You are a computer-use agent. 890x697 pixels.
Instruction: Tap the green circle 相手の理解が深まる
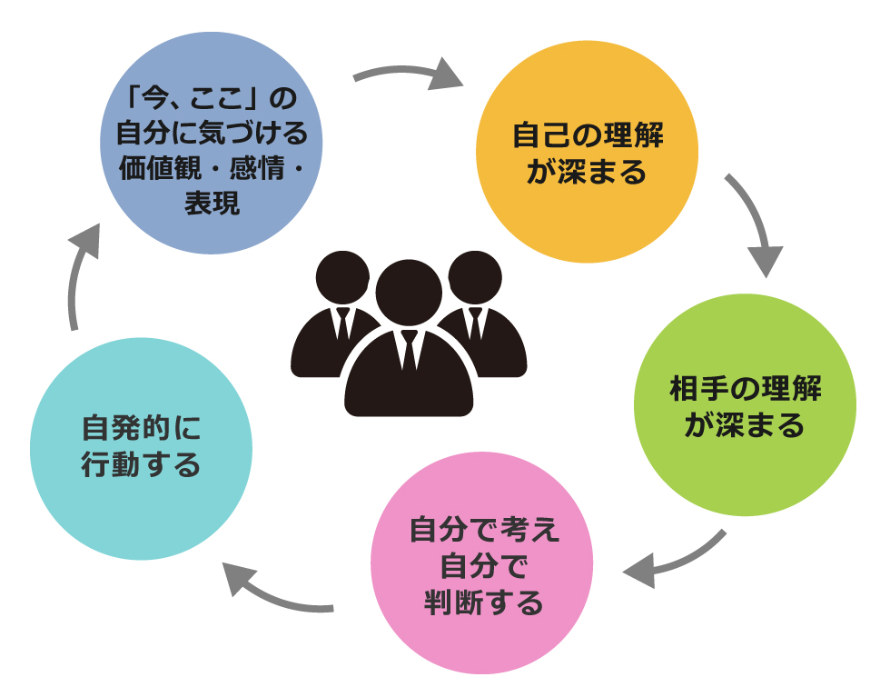[745, 405]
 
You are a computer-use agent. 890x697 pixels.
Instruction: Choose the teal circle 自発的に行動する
[141, 449]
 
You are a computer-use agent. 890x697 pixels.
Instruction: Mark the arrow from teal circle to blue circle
[78, 273]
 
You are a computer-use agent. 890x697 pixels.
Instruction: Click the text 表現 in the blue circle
[212, 204]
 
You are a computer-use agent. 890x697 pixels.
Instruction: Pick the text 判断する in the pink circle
[484, 602]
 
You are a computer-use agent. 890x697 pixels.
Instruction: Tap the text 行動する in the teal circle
[141, 465]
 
